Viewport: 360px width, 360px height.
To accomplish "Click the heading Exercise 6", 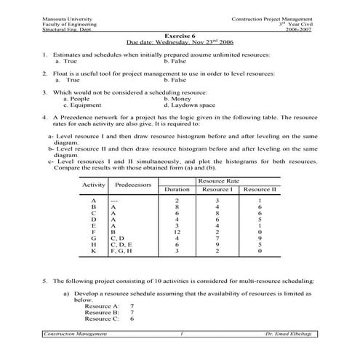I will click(x=180, y=34).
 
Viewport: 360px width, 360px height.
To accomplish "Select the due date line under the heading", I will click(x=180, y=41).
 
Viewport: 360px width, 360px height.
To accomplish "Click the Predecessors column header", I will click(x=132, y=185).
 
